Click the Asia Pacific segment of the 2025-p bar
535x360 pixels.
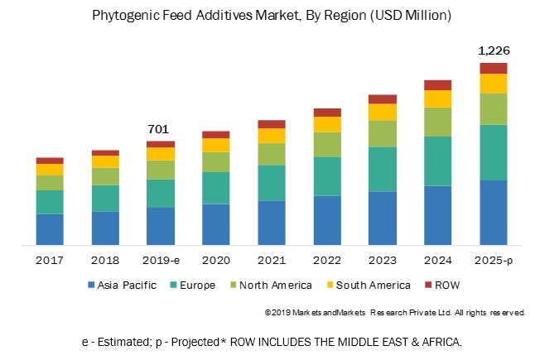(x=493, y=212)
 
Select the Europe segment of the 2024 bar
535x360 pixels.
(x=437, y=161)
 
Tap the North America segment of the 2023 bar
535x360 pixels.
(x=382, y=133)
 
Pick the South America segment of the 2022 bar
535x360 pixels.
(x=326, y=124)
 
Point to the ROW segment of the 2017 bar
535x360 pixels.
(x=50, y=161)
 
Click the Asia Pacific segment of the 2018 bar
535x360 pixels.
(x=105, y=228)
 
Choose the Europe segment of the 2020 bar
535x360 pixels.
(x=215, y=188)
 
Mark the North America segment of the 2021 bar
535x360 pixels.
(x=271, y=154)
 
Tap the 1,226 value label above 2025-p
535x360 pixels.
(x=493, y=50)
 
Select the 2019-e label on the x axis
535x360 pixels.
(x=160, y=259)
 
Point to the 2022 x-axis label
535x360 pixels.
(x=326, y=259)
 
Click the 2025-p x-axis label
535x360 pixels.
(x=493, y=259)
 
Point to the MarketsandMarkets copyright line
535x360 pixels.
(x=394, y=313)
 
